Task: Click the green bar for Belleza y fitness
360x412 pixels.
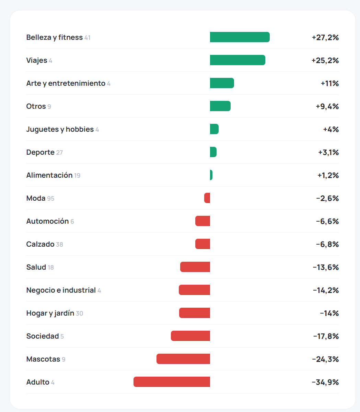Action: click(240, 37)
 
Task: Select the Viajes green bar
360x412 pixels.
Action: click(237, 60)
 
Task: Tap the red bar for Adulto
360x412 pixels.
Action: click(172, 382)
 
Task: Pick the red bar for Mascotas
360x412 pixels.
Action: click(183, 359)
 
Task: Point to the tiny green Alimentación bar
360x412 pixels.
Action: click(211, 175)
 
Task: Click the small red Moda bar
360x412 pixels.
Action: click(207, 198)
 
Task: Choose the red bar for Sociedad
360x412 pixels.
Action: click(190, 336)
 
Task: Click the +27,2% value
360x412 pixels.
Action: click(325, 37)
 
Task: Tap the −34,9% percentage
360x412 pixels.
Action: click(325, 382)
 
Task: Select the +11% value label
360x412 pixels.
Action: click(329, 83)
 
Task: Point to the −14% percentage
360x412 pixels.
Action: click(329, 313)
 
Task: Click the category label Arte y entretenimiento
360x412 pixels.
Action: click(66, 83)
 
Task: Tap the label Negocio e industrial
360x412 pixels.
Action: click(61, 290)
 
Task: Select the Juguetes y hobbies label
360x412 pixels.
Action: click(60, 129)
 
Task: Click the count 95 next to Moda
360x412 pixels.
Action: click(50, 199)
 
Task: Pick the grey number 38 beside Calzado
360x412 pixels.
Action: click(59, 245)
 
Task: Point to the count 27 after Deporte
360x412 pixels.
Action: click(59, 153)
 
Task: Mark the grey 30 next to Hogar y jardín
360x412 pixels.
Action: click(79, 314)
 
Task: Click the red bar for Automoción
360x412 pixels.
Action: click(203, 221)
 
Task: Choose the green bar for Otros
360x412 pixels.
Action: click(220, 106)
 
